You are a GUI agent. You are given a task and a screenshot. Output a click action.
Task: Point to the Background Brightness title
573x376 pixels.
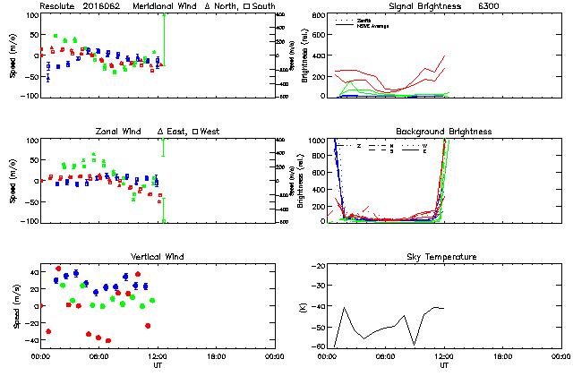pyautogui.click(x=444, y=132)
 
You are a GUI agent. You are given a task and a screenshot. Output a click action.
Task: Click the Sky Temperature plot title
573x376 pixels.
pyautogui.click(x=443, y=257)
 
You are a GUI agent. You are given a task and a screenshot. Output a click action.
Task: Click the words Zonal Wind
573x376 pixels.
pyautogui.click(x=120, y=132)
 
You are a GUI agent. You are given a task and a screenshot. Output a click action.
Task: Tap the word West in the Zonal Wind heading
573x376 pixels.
pyautogui.click(x=211, y=132)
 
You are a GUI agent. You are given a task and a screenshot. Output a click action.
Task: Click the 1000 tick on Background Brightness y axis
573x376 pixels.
pyautogui.click(x=315, y=141)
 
